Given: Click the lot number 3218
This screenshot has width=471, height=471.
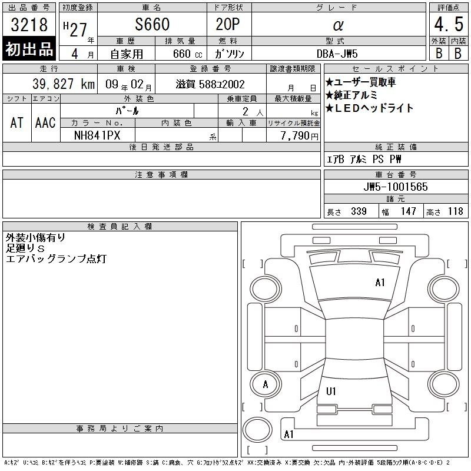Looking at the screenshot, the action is (29, 24).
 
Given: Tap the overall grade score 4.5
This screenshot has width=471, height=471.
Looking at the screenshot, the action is (449, 24).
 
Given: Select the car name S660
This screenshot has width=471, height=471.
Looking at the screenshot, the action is (152, 24).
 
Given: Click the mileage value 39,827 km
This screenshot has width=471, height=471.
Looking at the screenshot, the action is (64, 84).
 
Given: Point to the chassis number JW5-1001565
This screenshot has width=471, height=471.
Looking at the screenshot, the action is (396, 187).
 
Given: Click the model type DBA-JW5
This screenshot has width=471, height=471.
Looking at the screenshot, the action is (337, 54).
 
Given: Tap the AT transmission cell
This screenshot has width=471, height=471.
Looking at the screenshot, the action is (17, 122).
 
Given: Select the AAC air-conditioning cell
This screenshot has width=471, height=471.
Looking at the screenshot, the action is (45, 122).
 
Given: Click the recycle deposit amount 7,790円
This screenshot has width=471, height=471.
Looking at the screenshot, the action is (300, 136).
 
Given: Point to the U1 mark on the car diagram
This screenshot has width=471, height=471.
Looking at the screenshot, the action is (331, 392).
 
